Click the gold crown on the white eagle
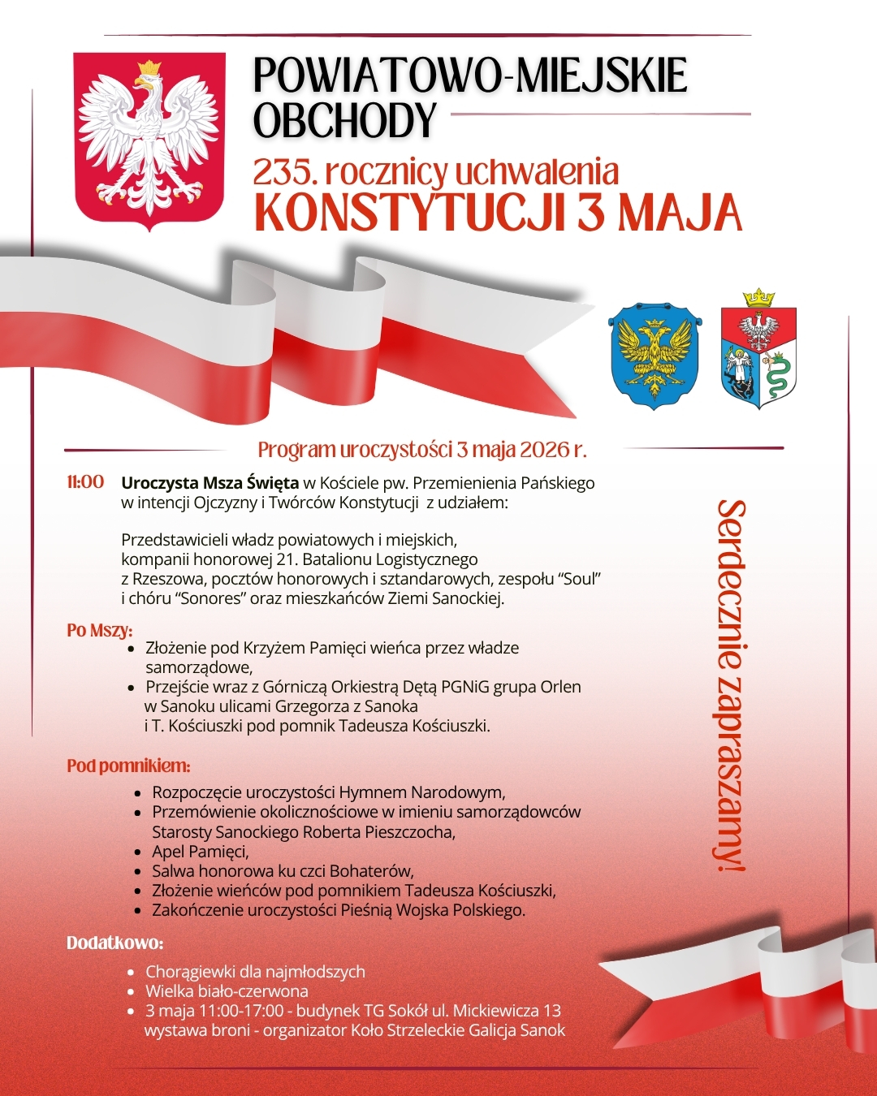coord(149,69)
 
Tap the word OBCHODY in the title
coord(345,121)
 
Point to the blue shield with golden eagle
coord(655,356)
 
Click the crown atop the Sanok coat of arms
coord(759,297)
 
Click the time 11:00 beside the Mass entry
coord(85,482)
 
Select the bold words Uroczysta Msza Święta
coord(210,483)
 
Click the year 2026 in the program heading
coord(544,449)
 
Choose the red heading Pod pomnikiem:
coord(128,766)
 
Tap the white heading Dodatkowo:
coord(114,943)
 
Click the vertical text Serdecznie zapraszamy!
coord(731,686)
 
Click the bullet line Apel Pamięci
coord(200,852)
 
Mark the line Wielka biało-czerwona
coord(227,991)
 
